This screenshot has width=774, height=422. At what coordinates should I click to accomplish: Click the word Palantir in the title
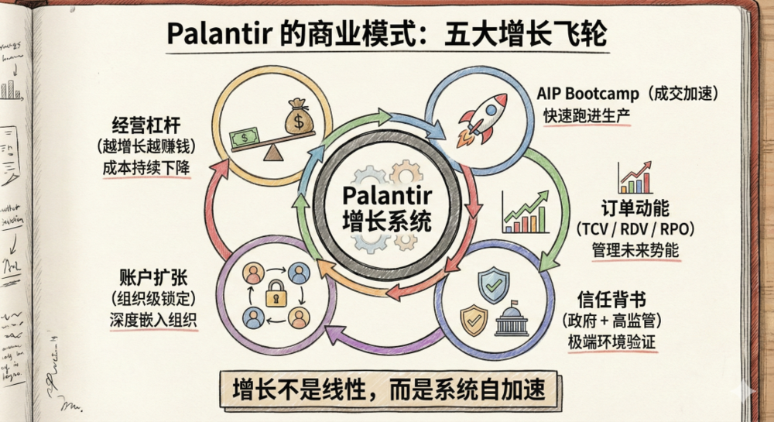click(210, 36)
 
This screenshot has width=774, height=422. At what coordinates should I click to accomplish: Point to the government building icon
click(511, 317)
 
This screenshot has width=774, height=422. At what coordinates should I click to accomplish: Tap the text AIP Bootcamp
click(588, 94)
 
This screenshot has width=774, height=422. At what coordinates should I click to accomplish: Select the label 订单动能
click(635, 208)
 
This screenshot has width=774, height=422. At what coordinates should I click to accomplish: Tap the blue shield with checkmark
click(494, 286)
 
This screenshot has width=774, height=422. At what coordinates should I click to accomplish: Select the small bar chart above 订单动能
click(635, 178)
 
